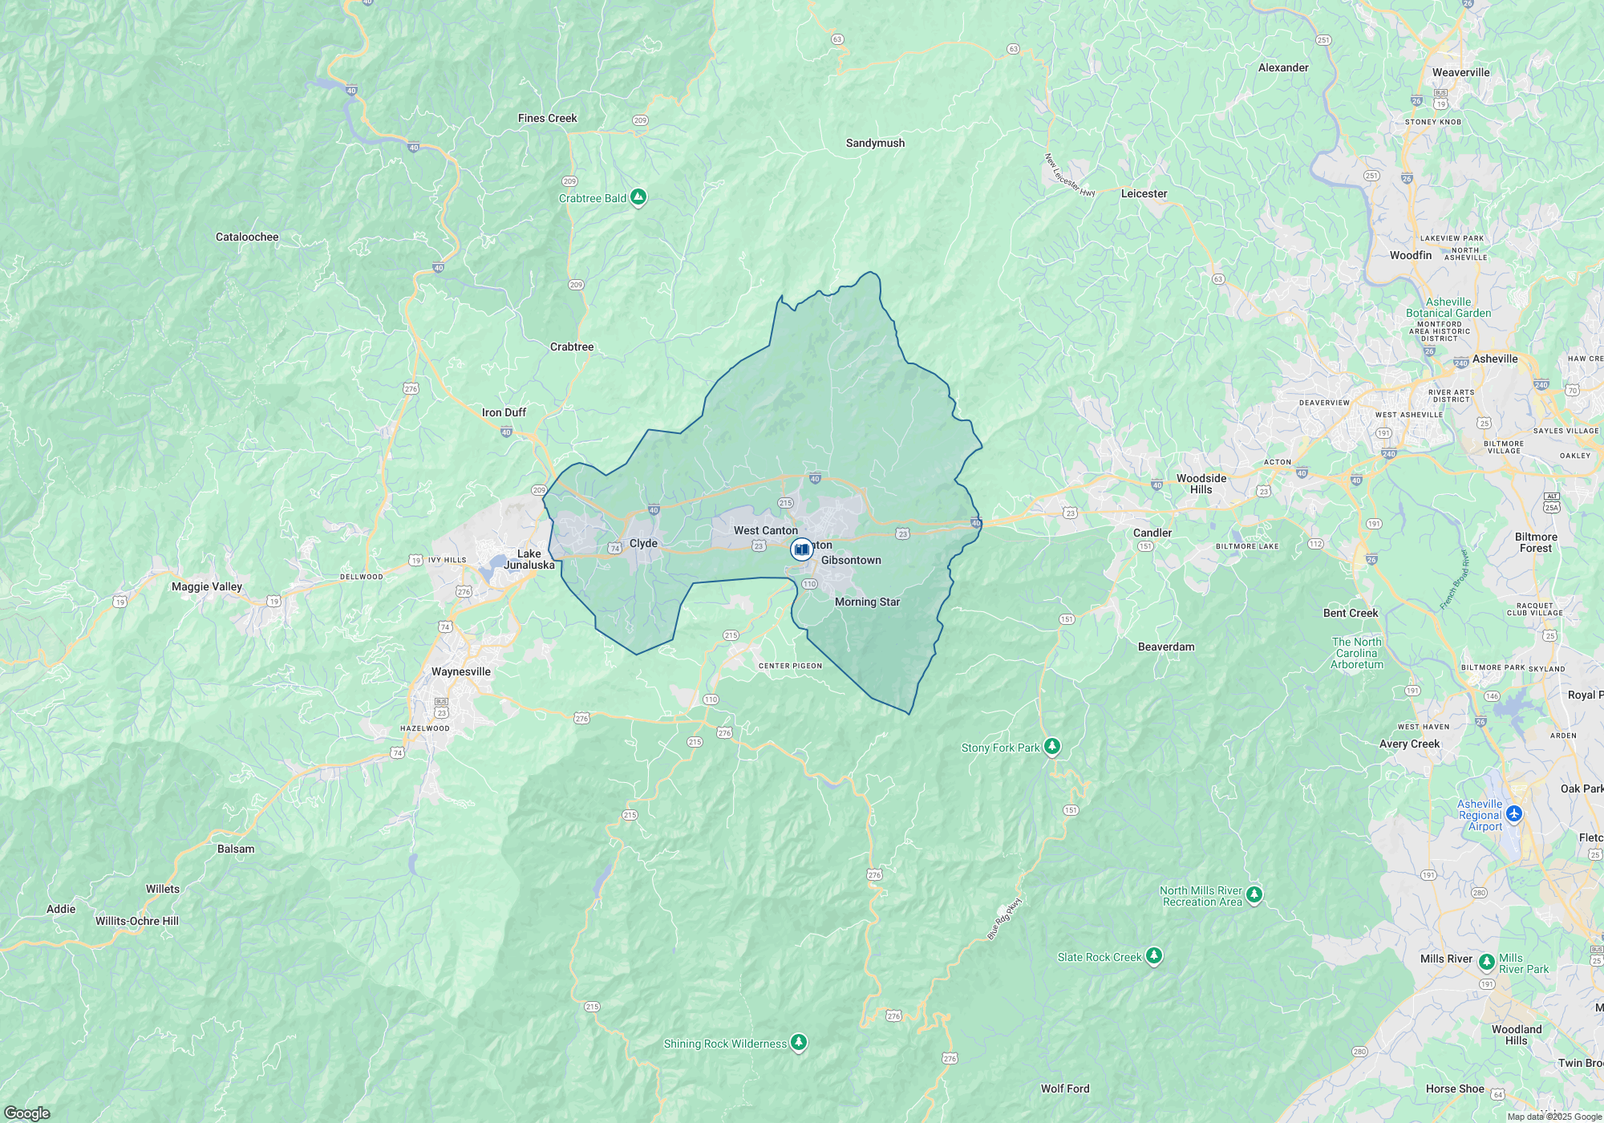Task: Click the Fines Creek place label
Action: coord(547,118)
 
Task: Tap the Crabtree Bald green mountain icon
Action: coord(638,197)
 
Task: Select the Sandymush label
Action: coord(875,143)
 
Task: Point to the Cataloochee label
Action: coord(247,237)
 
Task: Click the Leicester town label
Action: coord(1144,193)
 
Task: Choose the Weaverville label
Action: coord(1460,72)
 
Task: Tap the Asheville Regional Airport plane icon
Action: coord(1514,813)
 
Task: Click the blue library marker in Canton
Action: coord(801,549)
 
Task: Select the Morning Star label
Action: coord(867,602)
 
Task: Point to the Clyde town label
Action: coord(643,543)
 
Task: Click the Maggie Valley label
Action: coord(207,586)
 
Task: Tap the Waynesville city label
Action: coord(461,671)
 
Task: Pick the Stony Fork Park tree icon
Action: coord(1052,747)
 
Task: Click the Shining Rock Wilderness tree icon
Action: coord(798,1043)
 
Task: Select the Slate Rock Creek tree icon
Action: coord(1154,955)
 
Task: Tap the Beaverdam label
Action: coord(1166,647)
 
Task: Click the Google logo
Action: coord(26,1113)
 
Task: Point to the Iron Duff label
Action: coord(504,412)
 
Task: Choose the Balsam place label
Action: coord(236,849)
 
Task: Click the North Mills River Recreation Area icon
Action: coord(1254,894)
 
